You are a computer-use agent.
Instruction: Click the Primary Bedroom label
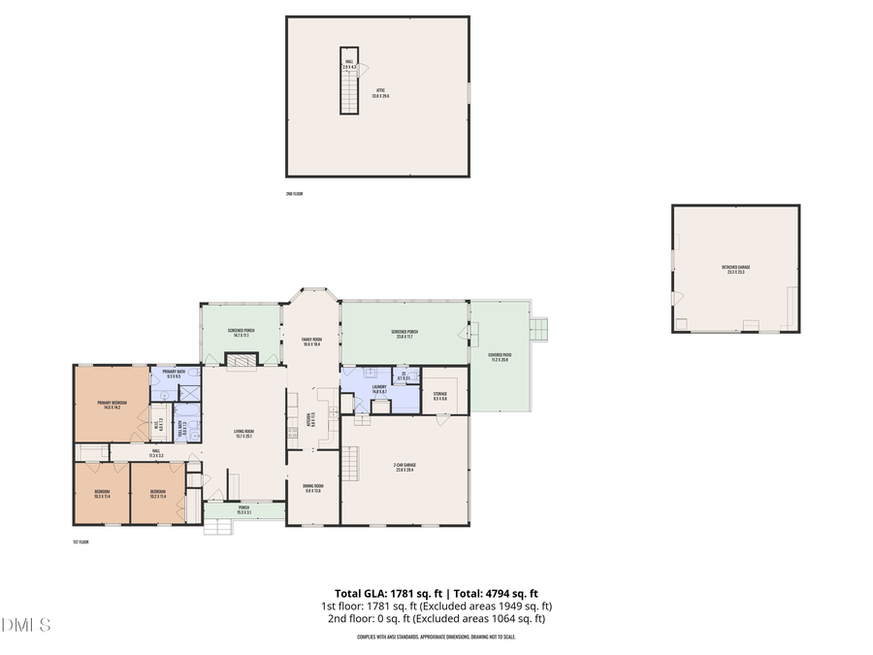coord(112,404)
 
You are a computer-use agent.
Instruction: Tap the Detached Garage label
coord(735,270)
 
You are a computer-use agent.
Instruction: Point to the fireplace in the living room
coord(240,360)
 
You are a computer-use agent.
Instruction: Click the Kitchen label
coord(311,420)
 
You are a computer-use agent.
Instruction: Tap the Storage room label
coord(439,396)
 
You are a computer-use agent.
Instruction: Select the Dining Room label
coord(311,488)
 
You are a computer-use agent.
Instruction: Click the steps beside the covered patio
coord(541,330)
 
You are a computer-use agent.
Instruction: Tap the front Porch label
coord(243,509)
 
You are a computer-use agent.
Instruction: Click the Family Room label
coord(311,342)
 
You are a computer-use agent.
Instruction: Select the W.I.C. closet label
coord(158,424)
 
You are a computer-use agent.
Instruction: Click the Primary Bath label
coord(174,374)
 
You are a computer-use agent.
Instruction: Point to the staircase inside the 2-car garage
coord(350,463)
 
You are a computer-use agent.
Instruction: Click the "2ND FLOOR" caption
coord(294,194)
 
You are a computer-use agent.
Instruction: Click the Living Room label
coord(242,433)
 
